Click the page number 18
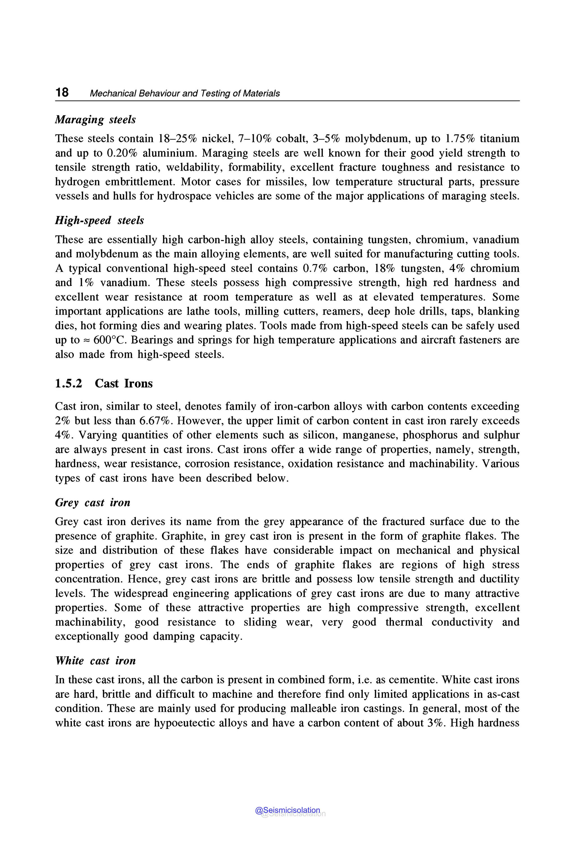[x=62, y=92]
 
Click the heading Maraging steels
[x=95, y=120]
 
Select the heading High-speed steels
[x=99, y=220]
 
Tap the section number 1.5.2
[x=69, y=383]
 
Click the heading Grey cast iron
[x=92, y=502]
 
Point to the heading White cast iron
[x=95, y=661]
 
